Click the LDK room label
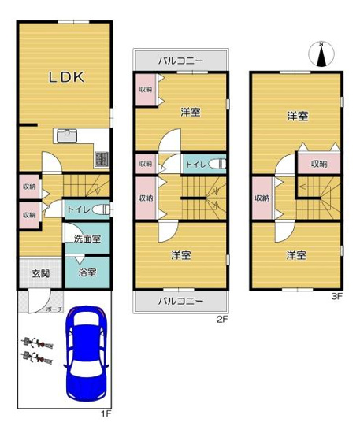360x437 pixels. tap(67, 77)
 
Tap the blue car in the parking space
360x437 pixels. tap(87, 352)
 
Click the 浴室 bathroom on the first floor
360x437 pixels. tap(87, 272)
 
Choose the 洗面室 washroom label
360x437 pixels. tap(87, 238)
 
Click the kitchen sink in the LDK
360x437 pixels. tap(66, 135)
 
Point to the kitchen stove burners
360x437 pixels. tap(101, 158)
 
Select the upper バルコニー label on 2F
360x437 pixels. tap(180, 59)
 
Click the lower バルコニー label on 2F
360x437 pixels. tap(180, 301)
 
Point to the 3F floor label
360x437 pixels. tap(336, 297)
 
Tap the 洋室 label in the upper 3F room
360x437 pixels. tap(296, 116)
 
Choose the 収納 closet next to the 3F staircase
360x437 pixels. tap(318, 164)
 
